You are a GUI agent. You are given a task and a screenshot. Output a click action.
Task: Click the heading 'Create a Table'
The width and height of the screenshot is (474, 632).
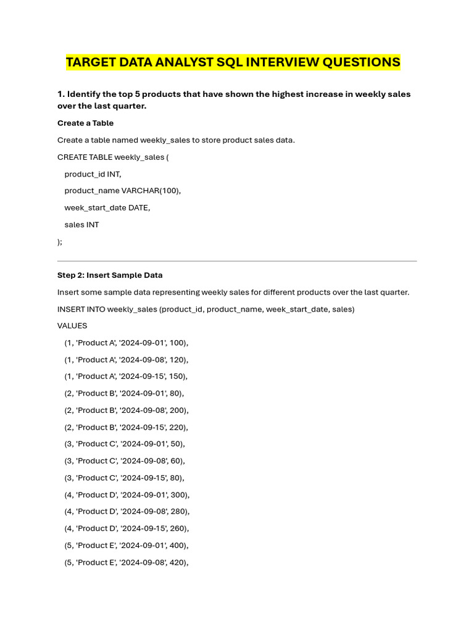click(x=85, y=123)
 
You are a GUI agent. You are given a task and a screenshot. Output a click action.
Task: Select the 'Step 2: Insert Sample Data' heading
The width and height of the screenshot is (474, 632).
click(x=110, y=275)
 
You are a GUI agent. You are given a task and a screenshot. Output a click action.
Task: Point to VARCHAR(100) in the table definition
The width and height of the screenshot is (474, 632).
click(x=151, y=191)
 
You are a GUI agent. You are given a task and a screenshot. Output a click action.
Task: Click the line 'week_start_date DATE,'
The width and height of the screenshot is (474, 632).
click(x=107, y=208)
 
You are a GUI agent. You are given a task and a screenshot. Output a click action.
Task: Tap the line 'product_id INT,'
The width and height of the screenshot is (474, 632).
click(x=93, y=174)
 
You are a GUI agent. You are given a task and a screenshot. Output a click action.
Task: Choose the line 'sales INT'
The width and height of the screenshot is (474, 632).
click(x=81, y=225)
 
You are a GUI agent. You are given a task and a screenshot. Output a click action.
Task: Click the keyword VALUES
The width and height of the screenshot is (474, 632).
click(x=72, y=325)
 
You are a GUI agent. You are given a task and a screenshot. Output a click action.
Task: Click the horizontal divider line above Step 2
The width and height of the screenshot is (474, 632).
click(x=237, y=261)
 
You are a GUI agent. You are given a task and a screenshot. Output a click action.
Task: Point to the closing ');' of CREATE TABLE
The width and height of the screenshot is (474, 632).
click(x=60, y=242)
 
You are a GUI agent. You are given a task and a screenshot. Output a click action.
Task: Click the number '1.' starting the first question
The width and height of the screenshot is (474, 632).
click(x=61, y=94)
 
